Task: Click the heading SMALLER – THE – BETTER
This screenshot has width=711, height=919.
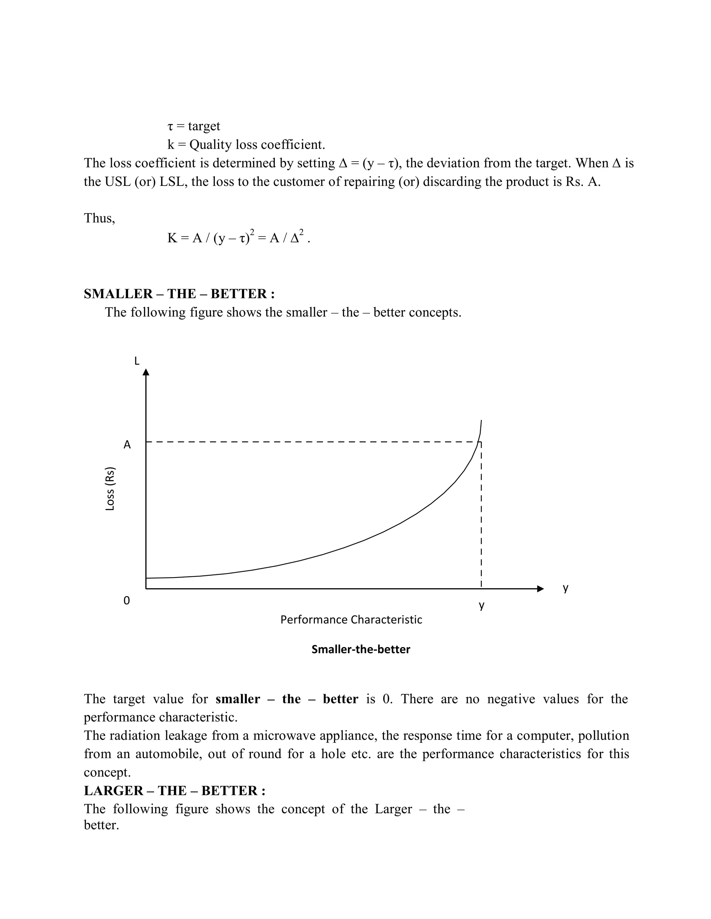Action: click(x=179, y=294)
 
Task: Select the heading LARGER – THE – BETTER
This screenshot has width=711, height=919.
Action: click(x=174, y=791)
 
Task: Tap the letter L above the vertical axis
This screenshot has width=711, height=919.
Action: click(x=136, y=361)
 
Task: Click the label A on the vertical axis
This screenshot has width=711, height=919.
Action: click(x=127, y=445)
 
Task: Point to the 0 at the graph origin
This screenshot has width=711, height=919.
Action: click(x=127, y=600)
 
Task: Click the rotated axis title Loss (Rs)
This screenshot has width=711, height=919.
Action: click(x=110, y=489)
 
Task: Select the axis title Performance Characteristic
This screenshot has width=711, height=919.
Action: click(x=351, y=620)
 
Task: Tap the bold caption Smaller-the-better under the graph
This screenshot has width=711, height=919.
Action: click(x=361, y=649)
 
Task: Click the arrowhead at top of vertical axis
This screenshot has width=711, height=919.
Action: click(x=146, y=372)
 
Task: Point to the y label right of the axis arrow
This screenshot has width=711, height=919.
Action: click(x=566, y=588)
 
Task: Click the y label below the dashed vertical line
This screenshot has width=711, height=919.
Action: click(x=482, y=605)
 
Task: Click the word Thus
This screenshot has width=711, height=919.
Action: click(x=99, y=218)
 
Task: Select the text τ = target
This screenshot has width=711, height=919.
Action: click(x=194, y=126)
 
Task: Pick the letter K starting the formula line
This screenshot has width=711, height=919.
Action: click(x=172, y=238)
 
